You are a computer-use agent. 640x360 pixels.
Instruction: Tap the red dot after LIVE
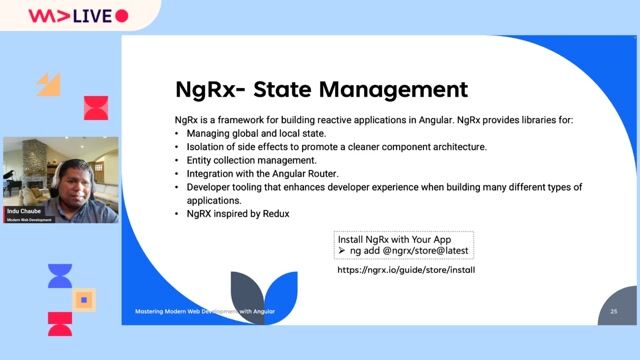pyautogui.click(x=122, y=15)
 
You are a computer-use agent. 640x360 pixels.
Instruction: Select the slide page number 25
pyautogui.click(x=613, y=313)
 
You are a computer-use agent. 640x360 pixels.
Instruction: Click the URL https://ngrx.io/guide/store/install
pyautogui.click(x=406, y=270)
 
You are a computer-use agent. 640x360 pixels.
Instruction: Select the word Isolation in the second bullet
pyautogui.click(x=206, y=147)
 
